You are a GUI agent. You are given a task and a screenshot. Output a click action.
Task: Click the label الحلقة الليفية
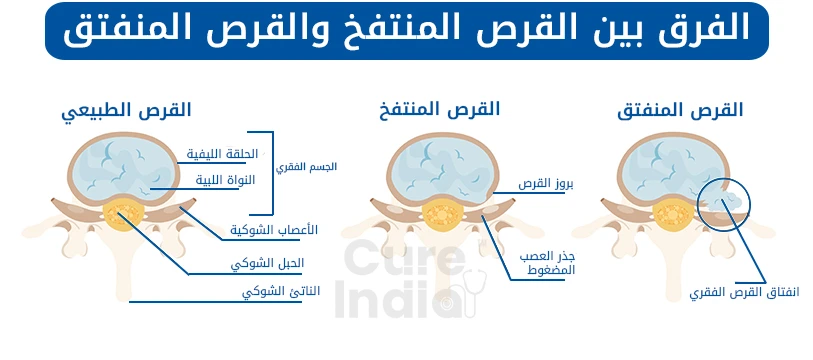[x=223, y=154]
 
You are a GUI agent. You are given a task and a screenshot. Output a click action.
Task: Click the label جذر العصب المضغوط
[x=549, y=264]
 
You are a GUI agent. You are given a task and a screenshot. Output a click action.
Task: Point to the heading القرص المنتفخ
[x=440, y=108]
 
